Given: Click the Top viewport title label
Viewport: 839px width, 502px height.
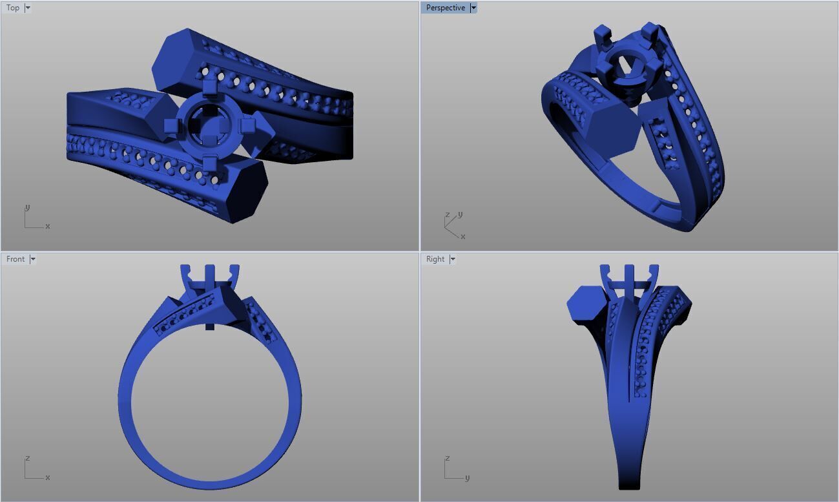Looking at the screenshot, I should [13, 8].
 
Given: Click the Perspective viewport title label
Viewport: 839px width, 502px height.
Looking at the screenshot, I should [445, 8].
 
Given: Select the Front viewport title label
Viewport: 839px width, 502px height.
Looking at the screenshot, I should [16, 259].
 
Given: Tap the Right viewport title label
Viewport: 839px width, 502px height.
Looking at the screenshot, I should [435, 259].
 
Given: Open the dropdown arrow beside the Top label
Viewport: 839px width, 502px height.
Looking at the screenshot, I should [28, 8].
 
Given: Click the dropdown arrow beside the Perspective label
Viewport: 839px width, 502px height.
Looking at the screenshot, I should [473, 8].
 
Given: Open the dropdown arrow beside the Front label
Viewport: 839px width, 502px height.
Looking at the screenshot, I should [33, 259].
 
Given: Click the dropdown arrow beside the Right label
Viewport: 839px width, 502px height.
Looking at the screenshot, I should [453, 259].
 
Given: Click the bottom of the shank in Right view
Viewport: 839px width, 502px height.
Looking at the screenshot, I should [631, 481].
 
